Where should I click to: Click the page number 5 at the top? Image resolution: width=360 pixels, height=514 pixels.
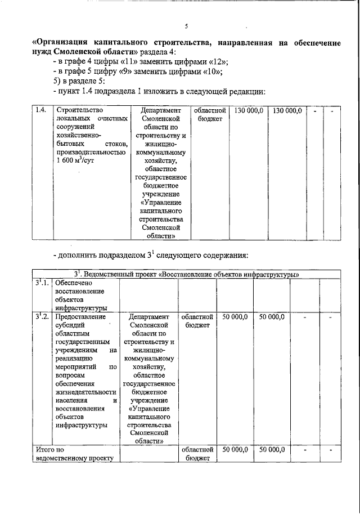pyautogui.click(x=186, y=26)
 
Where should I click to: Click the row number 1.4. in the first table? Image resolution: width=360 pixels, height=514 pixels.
pyautogui.click(x=40, y=110)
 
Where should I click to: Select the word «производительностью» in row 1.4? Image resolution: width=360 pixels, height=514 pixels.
pyautogui.click(x=90, y=151)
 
